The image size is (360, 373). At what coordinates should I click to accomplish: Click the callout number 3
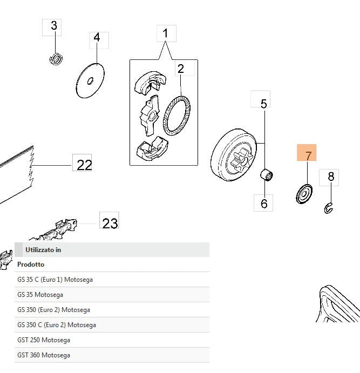(x=53, y=25)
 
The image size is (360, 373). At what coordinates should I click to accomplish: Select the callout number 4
(x=97, y=38)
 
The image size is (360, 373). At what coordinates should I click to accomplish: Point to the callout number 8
(x=331, y=177)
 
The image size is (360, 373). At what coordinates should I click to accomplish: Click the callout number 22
(x=84, y=165)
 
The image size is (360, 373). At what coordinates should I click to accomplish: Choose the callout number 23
(x=110, y=223)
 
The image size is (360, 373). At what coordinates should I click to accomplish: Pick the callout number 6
(x=264, y=204)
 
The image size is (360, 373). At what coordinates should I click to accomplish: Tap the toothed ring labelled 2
(x=178, y=116)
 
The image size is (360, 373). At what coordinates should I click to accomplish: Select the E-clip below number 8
(x=330, y=207)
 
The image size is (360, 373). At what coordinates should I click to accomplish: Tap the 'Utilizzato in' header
(x=43, y=250)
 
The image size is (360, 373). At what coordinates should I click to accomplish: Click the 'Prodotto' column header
(x=31, y=265)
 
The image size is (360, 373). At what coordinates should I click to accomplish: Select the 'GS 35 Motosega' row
(x=40, y=295)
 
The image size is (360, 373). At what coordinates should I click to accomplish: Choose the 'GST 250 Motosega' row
(x=44, y=340)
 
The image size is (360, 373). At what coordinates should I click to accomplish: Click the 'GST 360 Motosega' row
(x=44, y=355)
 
